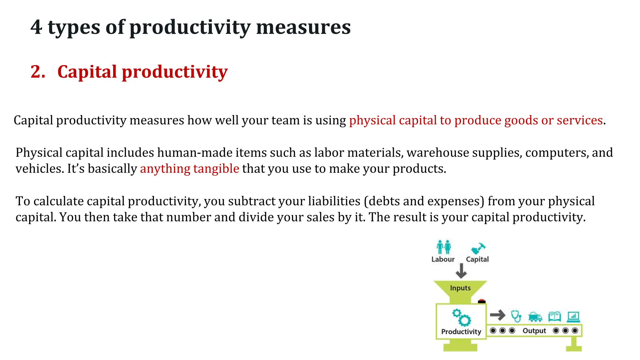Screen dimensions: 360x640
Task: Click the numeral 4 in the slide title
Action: pos(36,27)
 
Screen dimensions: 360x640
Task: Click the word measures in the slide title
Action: pos(303,27)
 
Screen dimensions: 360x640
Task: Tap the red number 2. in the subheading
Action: pos(38,72)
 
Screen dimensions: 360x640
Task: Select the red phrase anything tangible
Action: pos(189,169)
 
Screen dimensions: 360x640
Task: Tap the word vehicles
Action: pos(40,169)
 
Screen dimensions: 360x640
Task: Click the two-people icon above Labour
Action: pos(443,247)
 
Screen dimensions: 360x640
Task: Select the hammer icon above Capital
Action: pos(478,248)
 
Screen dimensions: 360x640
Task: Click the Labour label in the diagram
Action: pos(443,259)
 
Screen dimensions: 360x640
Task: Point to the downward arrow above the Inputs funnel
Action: pos(461,271)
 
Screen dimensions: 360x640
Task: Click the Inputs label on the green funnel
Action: pos(460,288)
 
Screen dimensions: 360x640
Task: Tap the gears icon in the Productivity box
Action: pos(461,317)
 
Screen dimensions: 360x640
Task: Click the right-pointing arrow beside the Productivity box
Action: pos(497,315)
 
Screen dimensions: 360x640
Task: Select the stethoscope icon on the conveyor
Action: pos(516,316)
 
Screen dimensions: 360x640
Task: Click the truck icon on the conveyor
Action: pos(535,317)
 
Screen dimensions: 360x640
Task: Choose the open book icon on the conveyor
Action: pos(554,317)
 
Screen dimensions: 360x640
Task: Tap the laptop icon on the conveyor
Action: pos(573,317)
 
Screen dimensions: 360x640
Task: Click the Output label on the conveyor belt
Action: pos(534,331)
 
